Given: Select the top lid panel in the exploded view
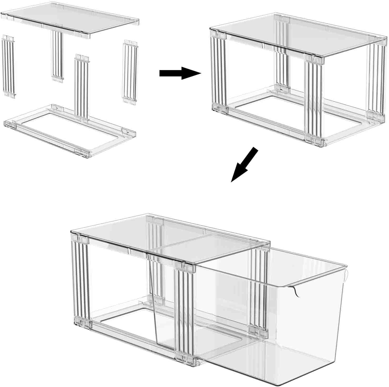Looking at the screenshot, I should click(x=70, y=20).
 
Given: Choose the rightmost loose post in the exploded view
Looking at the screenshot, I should click(x=130, y=72).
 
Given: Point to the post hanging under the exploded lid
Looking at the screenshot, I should click(x=57, y=55).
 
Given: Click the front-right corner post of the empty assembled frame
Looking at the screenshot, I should click(x=313, y=100).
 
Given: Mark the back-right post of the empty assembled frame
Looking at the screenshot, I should click(x=376, y=79).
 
